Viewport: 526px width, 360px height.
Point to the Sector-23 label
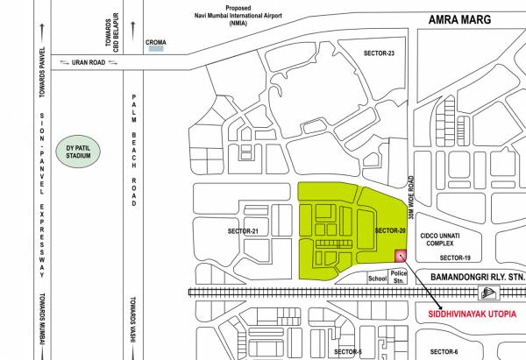coord(379,53)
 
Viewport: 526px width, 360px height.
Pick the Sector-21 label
coord(243,230)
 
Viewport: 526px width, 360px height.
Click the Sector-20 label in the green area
coord(389,229)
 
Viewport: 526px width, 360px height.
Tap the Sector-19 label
coord(455,258)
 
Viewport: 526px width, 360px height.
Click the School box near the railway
coord(377,278)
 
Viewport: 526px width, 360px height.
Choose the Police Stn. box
coord(399,276)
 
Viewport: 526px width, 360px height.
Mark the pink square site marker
coord(401,256)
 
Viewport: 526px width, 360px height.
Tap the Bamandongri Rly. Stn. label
coord(474,276)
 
